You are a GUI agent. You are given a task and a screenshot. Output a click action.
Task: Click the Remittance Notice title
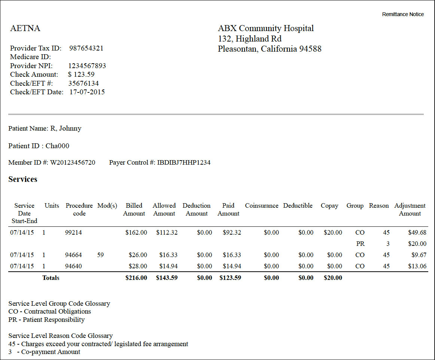tap(403, 14)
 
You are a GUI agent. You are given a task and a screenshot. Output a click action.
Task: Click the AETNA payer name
tap(25, 28)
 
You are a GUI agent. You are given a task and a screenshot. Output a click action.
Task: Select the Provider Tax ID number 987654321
tap(86, 48)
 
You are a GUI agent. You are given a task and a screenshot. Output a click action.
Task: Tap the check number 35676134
tap(83, 83)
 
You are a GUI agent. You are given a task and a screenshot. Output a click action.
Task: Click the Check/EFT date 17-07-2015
tap(87, 92)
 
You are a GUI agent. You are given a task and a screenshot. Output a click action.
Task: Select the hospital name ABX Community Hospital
tap(266, 28)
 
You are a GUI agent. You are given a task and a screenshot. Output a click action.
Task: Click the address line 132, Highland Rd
tap(249, 39)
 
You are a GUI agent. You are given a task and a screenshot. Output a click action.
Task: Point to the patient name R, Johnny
tap(66, 128)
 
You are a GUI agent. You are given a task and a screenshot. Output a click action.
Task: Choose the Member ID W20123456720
tap(73, 162)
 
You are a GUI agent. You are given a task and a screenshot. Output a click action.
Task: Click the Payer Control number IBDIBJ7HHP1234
tap(184, 162)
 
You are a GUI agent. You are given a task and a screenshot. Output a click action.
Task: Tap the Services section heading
tap(23, 179)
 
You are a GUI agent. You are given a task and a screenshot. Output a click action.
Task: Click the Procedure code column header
tap(79, 210)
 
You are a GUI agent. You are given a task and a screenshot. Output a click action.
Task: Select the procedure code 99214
tap(73, 232)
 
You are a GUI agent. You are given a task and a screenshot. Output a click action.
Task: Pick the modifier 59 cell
tap(100, 255)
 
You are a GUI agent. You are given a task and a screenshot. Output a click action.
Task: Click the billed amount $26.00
tap(138, 255)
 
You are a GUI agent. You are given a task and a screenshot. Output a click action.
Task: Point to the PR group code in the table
tap(360, 244)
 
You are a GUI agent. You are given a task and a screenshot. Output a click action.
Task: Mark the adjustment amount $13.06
tap(417, 266)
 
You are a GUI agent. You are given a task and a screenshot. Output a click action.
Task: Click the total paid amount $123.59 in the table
tap(230, 278)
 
